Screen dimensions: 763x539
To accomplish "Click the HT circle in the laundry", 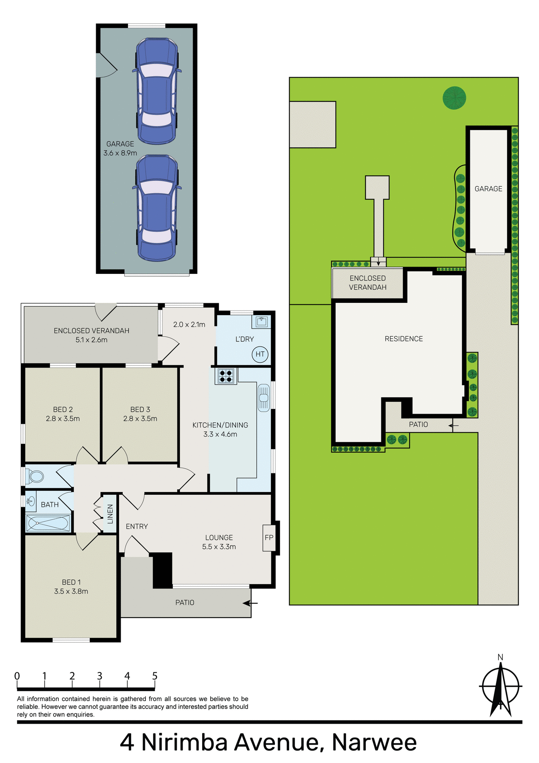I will click(260, 354).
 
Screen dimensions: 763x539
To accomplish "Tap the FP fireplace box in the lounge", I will click(269, 538).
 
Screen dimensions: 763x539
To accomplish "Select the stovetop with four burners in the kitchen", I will click(226, 376).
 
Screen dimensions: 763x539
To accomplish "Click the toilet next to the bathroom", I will click(35, 476).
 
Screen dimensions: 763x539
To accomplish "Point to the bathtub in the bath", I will click(48, 523).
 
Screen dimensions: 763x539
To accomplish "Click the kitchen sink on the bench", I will click(264, 397).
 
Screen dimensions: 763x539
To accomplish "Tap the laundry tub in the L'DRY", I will click(261, 321).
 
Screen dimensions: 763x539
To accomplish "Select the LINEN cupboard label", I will click(110, 514).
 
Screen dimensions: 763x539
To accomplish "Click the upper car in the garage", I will click(157, 91).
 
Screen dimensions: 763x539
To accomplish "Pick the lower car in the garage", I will click(157, 208).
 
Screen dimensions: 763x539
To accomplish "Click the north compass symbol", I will click(500, 687).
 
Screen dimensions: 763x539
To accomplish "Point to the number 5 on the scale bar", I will click(155, 676).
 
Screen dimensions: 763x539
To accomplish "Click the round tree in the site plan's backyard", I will click(454, 98).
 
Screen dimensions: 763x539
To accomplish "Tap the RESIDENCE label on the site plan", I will click(404, 339).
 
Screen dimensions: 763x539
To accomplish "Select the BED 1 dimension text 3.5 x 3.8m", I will click(71, 591).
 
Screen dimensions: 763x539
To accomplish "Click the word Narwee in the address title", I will click(374, 742).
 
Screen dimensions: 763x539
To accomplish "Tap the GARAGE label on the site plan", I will click(488, 189).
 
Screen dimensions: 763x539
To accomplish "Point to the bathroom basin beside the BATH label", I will click(31, 500).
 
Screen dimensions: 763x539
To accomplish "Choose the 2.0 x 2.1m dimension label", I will click(189, 325).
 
